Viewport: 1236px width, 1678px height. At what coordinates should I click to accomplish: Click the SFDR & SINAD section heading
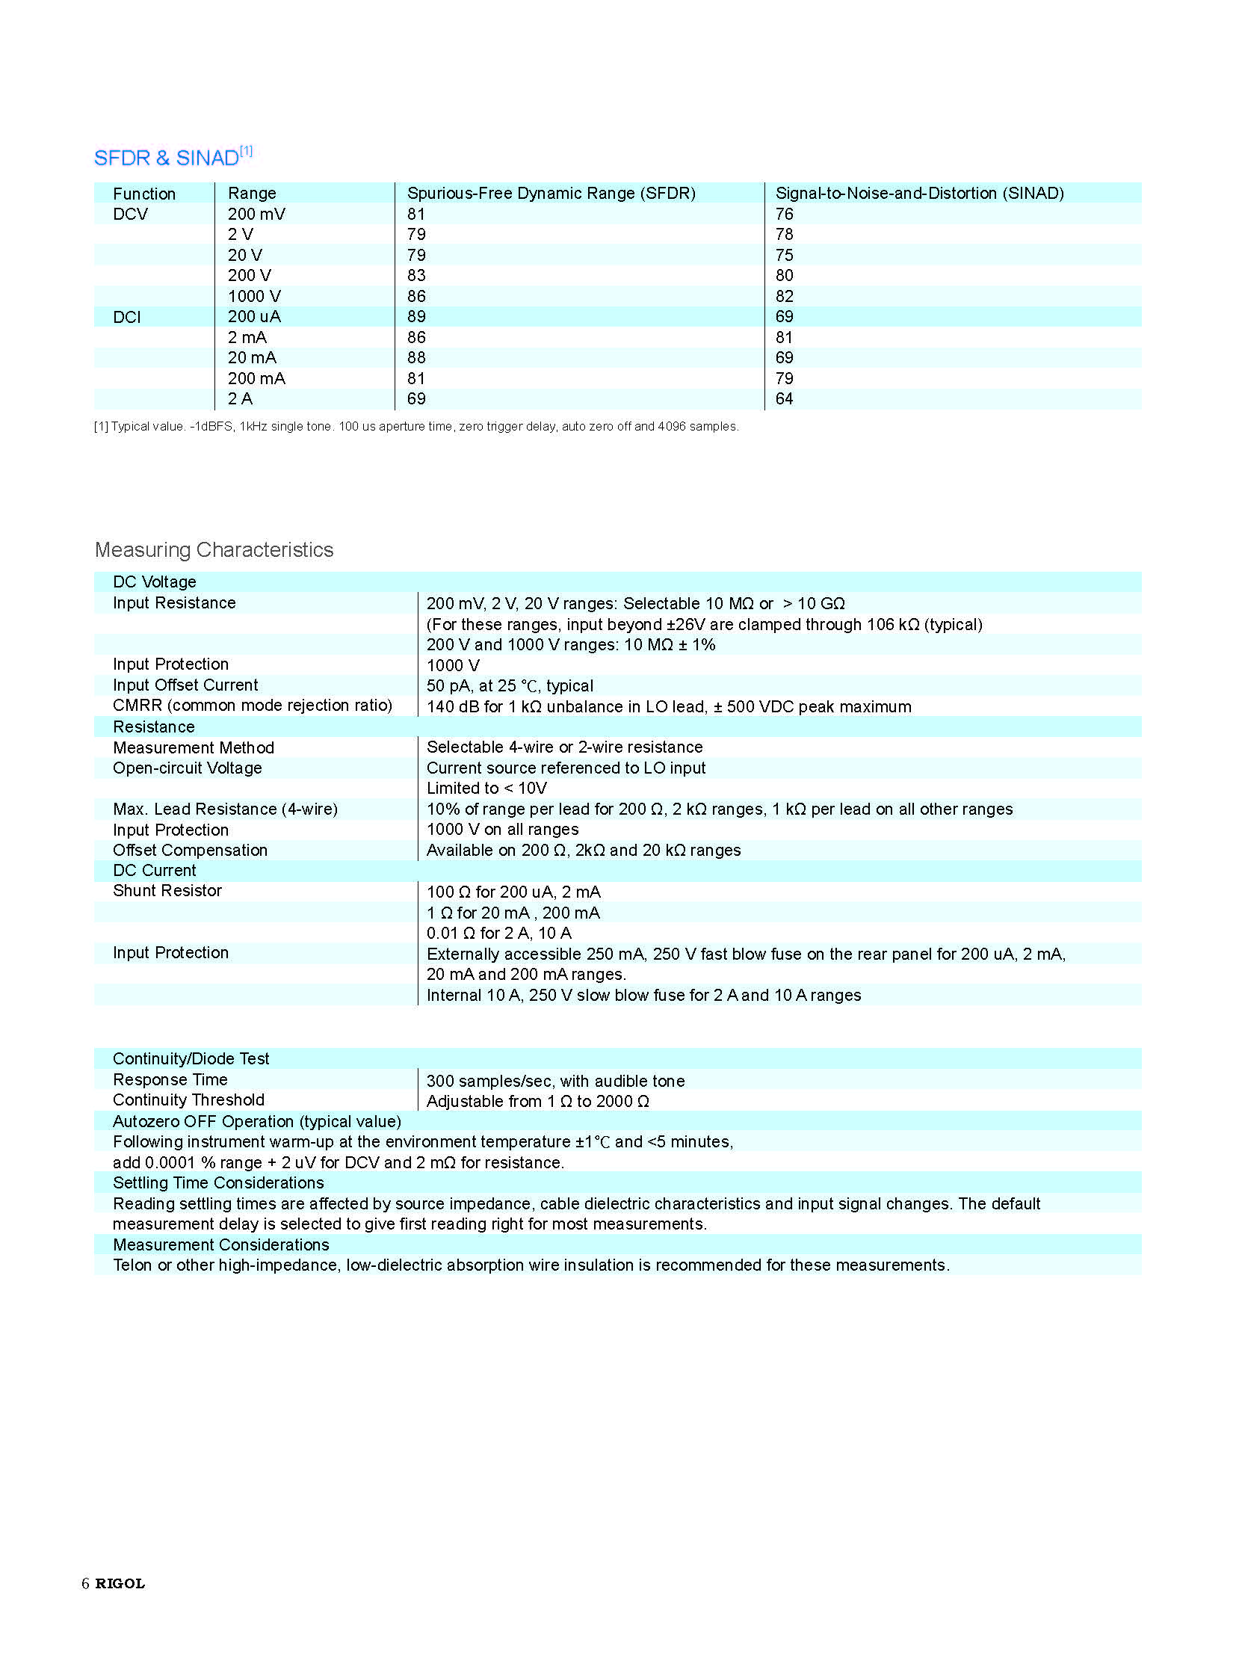[173, 157]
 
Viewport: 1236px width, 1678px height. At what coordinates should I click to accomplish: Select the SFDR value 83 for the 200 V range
[416, 275]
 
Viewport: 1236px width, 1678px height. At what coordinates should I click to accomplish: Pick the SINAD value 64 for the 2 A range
[784, 399]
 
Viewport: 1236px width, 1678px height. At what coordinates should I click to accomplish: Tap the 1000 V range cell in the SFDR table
[254, 297]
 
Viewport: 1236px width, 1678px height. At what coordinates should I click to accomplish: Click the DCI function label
[126, 318]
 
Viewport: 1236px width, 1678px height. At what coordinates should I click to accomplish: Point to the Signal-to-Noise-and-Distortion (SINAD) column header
[919, 193]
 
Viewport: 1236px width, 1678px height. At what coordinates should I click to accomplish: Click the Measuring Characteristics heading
[214, 550]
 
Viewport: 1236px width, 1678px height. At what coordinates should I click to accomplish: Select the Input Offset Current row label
[185, 685]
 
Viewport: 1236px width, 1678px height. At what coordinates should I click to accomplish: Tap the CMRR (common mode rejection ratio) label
[252, 705]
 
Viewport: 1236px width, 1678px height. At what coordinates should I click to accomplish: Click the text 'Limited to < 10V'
[486, 788]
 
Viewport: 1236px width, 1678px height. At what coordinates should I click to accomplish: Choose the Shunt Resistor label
[167, 891]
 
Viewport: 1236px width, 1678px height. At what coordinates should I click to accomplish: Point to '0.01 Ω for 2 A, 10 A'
[498, 933]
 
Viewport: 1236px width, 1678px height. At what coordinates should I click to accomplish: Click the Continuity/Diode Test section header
[191, 1058]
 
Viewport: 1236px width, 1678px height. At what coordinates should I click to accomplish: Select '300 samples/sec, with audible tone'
[555, 1081]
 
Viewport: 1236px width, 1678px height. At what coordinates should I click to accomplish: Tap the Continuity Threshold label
[188, 1099]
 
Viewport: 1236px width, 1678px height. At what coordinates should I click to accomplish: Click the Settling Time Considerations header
[217, 1182]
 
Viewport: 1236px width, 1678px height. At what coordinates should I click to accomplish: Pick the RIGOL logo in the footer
[120, 1583]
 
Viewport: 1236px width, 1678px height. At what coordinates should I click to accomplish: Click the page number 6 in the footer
[85, 1583]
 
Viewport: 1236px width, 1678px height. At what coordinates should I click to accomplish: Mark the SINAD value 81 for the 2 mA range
[784, 338]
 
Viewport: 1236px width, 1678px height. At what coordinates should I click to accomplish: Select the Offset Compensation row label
[190, 851]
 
